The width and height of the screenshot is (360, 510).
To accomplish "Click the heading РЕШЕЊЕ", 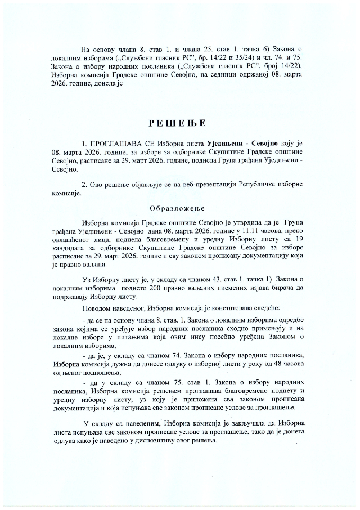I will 177,122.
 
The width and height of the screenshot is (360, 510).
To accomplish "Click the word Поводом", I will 97,308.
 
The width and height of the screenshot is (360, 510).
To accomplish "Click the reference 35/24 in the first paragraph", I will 247,58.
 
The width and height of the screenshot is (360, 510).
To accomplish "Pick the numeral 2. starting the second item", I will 84,184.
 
